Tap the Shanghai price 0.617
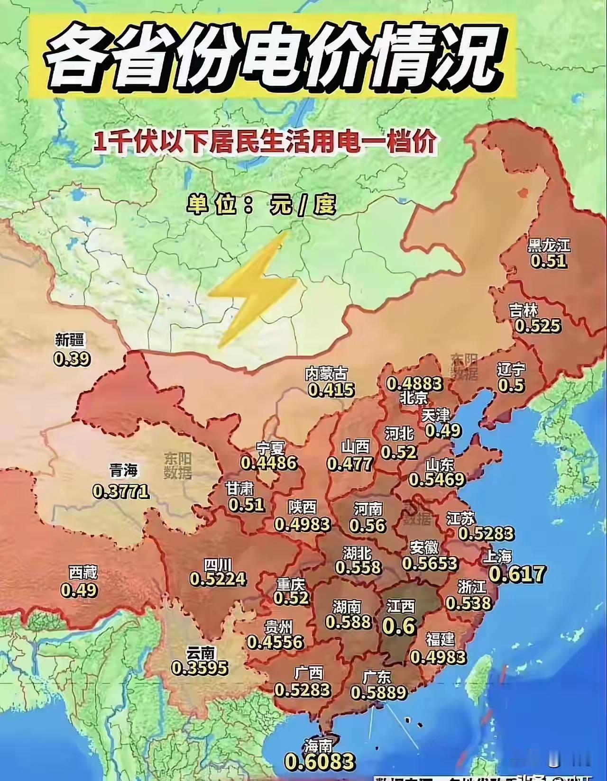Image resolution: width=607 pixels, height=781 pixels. [517, 574]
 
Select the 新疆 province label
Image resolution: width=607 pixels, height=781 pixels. [69, 340]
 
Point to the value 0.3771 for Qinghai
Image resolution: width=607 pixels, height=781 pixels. [121, 491]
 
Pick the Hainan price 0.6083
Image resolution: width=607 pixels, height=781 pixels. [320, 762]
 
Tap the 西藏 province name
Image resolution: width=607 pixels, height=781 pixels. [83, 573]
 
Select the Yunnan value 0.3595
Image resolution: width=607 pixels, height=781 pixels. [200, 668]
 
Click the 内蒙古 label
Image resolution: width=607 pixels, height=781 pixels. [326, 374]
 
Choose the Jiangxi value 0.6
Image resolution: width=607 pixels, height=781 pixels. [399, 627]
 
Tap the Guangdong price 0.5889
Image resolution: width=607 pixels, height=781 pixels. [379, 692]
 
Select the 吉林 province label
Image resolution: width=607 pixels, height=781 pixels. [523, 311]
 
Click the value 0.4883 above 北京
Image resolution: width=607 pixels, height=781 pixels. [414, 383]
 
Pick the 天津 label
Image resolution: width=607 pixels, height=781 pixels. [435, 416]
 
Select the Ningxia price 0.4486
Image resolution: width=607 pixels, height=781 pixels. [269, 463]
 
